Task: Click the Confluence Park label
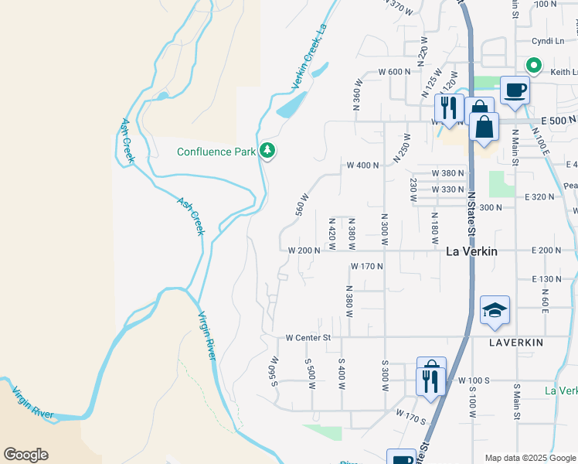tap(216, 152)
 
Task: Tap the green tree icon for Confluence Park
tap(267, 150)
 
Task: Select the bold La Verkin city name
tap(471, 251)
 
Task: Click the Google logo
tap(25, 455)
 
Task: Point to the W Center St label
tap(308, 337)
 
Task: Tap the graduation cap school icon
tap(495, 311)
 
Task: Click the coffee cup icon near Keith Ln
tap(515, 90)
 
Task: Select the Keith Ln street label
tap(564, 72)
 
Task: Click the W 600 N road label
tap(394, 72)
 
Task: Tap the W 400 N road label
tap(362, 165)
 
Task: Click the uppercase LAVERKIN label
tap(516, 342)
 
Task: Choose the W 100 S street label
tap(474, 380)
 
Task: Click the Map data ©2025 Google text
tap(530, 458)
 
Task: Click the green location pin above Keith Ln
tap(533, 66)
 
